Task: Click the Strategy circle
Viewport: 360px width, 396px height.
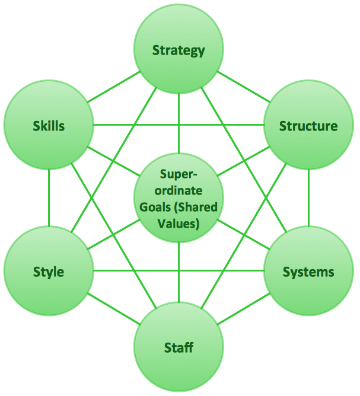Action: [179, 50]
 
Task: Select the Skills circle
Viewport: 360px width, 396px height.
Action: [49, 126]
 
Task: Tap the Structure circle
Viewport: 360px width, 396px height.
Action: [308, 126]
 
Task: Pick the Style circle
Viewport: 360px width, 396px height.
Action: [49, 272]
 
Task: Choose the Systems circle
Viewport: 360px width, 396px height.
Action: [308, 272]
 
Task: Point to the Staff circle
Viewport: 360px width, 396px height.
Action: [179, 347]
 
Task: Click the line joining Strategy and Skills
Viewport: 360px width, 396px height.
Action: [114, 88]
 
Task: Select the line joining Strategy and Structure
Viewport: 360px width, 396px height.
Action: [243, 88]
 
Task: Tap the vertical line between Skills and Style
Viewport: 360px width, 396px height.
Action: [49, 199]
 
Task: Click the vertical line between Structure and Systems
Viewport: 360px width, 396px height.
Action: [308, 199]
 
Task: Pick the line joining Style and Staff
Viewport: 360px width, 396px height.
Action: [114, 309]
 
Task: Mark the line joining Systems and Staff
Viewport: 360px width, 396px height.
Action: [243, 309]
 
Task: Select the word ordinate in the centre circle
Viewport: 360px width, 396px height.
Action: [179, 191]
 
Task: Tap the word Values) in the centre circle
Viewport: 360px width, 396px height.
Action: [179, 223]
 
